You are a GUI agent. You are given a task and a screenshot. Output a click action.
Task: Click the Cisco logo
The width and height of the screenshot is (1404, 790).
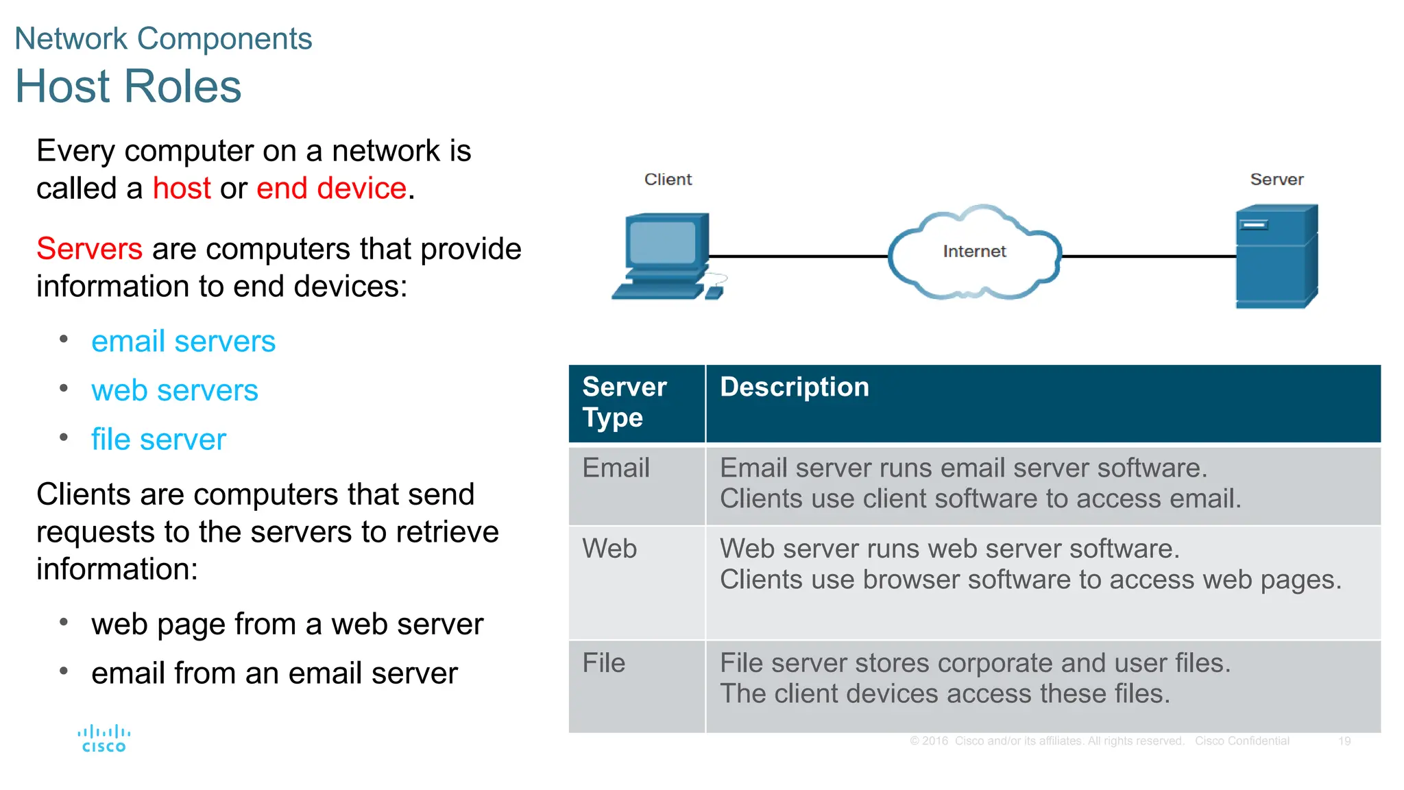click(x=104, y=739)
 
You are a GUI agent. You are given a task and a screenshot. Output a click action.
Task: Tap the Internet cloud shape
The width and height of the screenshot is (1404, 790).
click(x=973, y=252)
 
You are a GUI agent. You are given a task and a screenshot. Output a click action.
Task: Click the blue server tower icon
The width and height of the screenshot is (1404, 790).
click(x=1276, y=256)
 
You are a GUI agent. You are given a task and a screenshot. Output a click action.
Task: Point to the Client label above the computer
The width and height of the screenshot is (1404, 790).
click(x=668, y=180)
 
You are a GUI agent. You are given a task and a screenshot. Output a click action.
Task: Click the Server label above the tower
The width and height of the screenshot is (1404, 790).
click(x=1276, y=180)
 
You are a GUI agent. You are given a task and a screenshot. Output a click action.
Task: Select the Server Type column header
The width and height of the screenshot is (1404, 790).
click(x=624, y=402)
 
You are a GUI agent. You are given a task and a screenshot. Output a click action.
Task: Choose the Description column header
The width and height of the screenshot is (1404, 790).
click(x=794, y=387)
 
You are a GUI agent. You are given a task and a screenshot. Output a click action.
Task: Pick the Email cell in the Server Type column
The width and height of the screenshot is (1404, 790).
click(x=616, y=468)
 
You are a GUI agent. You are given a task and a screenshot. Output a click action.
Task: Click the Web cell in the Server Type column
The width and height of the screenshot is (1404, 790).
click(x=609, y=549)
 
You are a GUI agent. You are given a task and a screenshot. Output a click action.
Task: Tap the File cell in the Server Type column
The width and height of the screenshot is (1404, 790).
click(x=603, y=664)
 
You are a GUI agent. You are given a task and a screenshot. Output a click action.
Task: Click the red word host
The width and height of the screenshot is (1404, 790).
click(x=182, y=189)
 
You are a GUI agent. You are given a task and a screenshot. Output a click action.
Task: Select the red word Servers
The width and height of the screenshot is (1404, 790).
click(x=89, y=249)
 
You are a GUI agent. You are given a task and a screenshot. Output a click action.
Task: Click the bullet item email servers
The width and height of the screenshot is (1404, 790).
click(x=183, y=342)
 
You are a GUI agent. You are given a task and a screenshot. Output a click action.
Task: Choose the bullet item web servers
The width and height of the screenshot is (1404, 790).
click(x=175, y=391)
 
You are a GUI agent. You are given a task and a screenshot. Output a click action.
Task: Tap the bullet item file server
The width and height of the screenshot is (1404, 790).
click(x=158, y=440)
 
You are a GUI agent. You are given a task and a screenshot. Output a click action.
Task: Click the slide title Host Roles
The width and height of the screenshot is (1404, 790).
click(x=128, y=87)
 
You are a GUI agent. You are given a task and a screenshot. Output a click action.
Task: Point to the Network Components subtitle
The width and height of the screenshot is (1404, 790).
click(x=163, y=39)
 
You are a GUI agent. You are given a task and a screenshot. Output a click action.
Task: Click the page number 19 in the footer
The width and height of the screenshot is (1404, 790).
click(x=1344, y=741)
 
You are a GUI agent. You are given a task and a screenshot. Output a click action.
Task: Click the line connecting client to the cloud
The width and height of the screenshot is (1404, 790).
click(x=799, y=256)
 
